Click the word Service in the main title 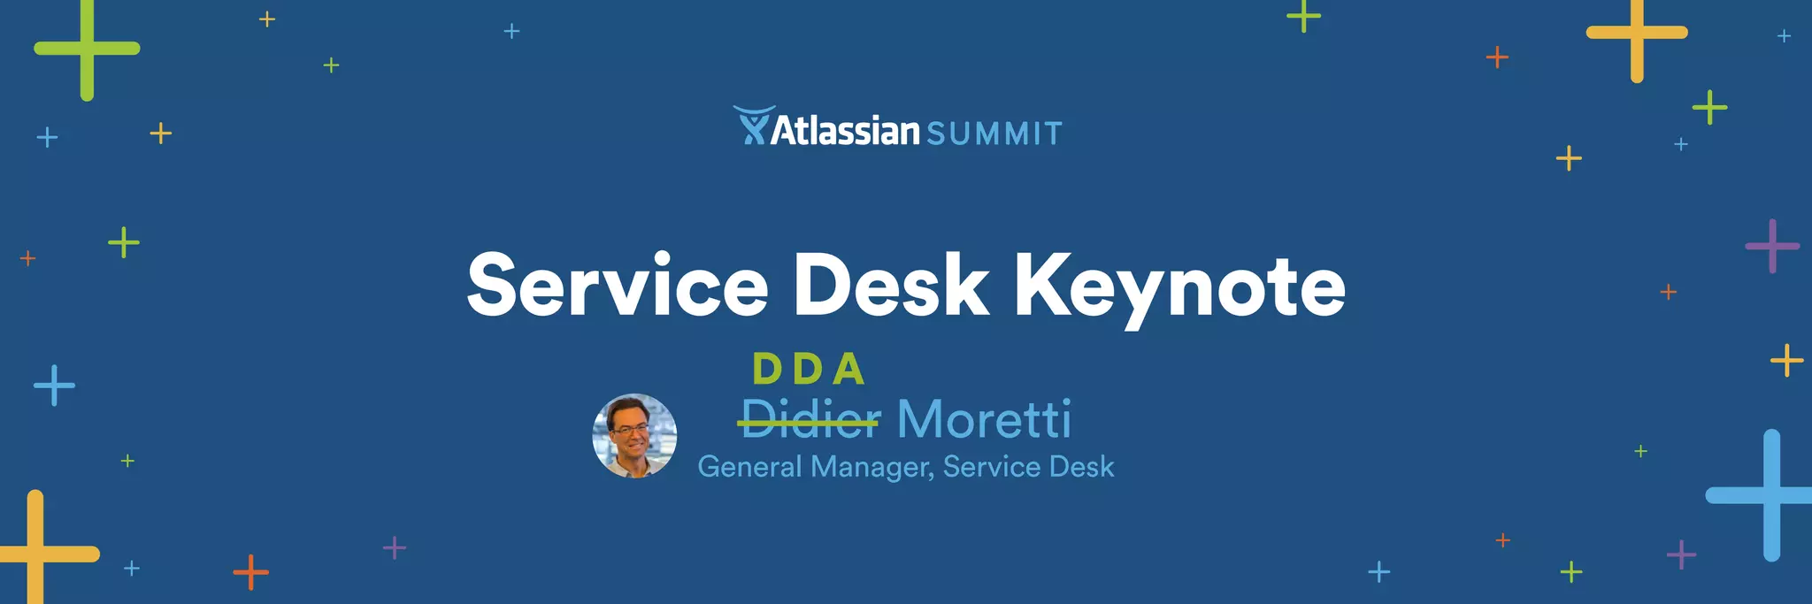[x=618, y=286]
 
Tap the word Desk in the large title [x=891, y=286]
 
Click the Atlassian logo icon [x=753, y=126]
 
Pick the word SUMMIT [x=994, y=134]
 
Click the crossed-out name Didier [x=810, y=420]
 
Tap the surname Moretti [x=984, y=420]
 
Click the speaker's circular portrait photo [x=634, y=436]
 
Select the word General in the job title [x=749, y=467]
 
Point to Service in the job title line [x=990, y=467]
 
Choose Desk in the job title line [x=1080, y=467]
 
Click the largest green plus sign [x=87, y=49]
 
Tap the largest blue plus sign [x=1770, y=495]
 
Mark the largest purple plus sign [x=1772, y=246]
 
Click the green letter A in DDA [x=848, y=370]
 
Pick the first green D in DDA [x=767, y=370]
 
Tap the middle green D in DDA [x=808, y=370]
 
